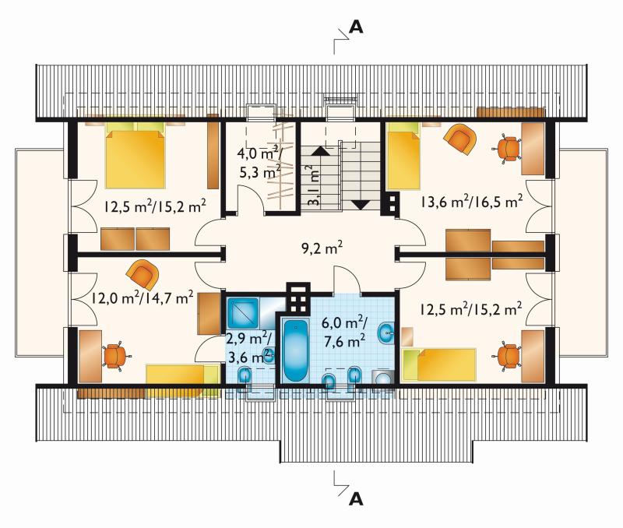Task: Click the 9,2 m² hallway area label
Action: point(322,248)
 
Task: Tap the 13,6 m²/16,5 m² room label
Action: point(472,202)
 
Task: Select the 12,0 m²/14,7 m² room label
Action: point(143,297)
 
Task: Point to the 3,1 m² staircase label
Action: point(315,185)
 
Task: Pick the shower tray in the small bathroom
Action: point(242,312)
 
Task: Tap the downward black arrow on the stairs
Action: point(361,205)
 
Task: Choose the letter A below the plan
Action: point(356,498)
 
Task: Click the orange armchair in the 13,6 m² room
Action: point(459,139)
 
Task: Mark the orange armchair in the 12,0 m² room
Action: point(143,274)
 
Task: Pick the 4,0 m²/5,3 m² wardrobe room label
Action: point(260,162)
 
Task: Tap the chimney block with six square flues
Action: point(298,297)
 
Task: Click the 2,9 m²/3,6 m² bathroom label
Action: point(249,348)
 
